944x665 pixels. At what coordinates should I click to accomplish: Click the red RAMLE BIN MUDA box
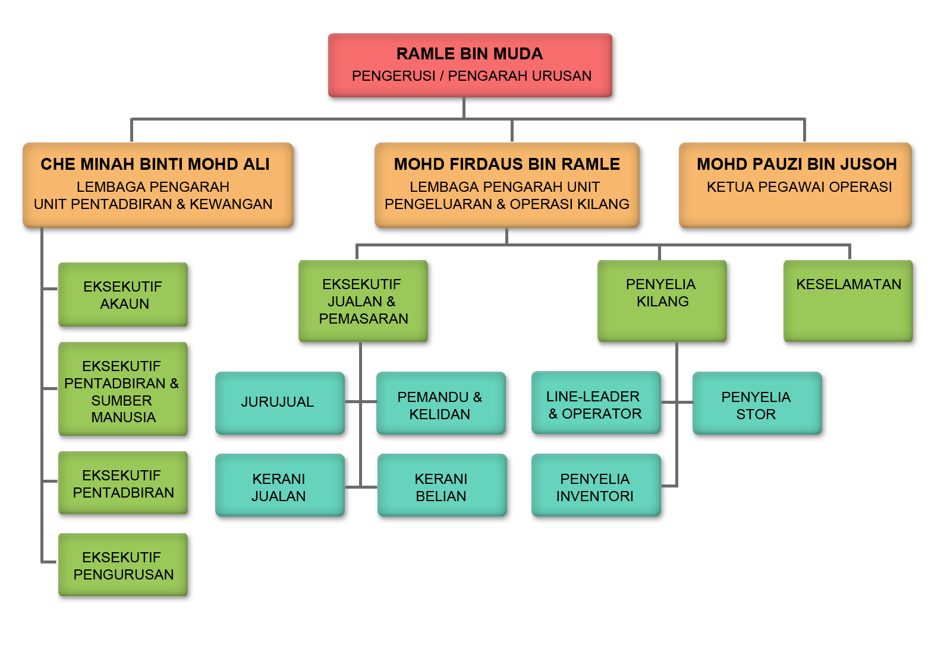(470, 65)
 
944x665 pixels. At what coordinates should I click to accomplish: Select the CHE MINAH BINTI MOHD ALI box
(158, 184)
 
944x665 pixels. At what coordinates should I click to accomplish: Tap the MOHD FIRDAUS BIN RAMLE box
(506, 184)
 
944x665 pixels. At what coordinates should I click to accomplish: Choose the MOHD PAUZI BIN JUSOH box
(795, 184)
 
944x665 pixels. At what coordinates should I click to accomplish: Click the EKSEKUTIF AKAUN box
(123, 294)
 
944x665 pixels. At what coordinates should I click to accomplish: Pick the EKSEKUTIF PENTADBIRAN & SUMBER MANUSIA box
(123, 389)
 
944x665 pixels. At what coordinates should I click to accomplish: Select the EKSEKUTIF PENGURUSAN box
(123, 565)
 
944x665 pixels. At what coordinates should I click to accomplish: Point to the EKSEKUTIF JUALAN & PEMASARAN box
(363, 301)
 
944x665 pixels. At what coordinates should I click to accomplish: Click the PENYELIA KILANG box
(662, 301)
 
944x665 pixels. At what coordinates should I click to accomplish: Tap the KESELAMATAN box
(848, 301)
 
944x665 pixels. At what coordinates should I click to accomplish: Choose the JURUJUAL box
(279, 403)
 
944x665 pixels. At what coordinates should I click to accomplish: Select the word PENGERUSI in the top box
(394, 76)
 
